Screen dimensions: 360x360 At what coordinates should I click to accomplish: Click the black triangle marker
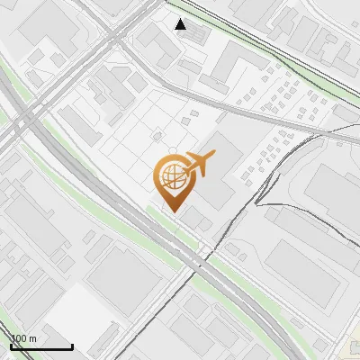tap(182, 24)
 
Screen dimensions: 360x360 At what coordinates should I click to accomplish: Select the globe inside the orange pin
tap(171, 175)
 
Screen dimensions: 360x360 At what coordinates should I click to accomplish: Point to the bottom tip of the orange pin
tap(172, 211)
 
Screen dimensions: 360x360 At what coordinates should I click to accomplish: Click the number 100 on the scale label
tap(20, 338)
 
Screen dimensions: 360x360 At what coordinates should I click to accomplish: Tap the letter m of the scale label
tap(34, 338)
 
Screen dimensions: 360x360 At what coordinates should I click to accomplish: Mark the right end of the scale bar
tap(72, 346)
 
